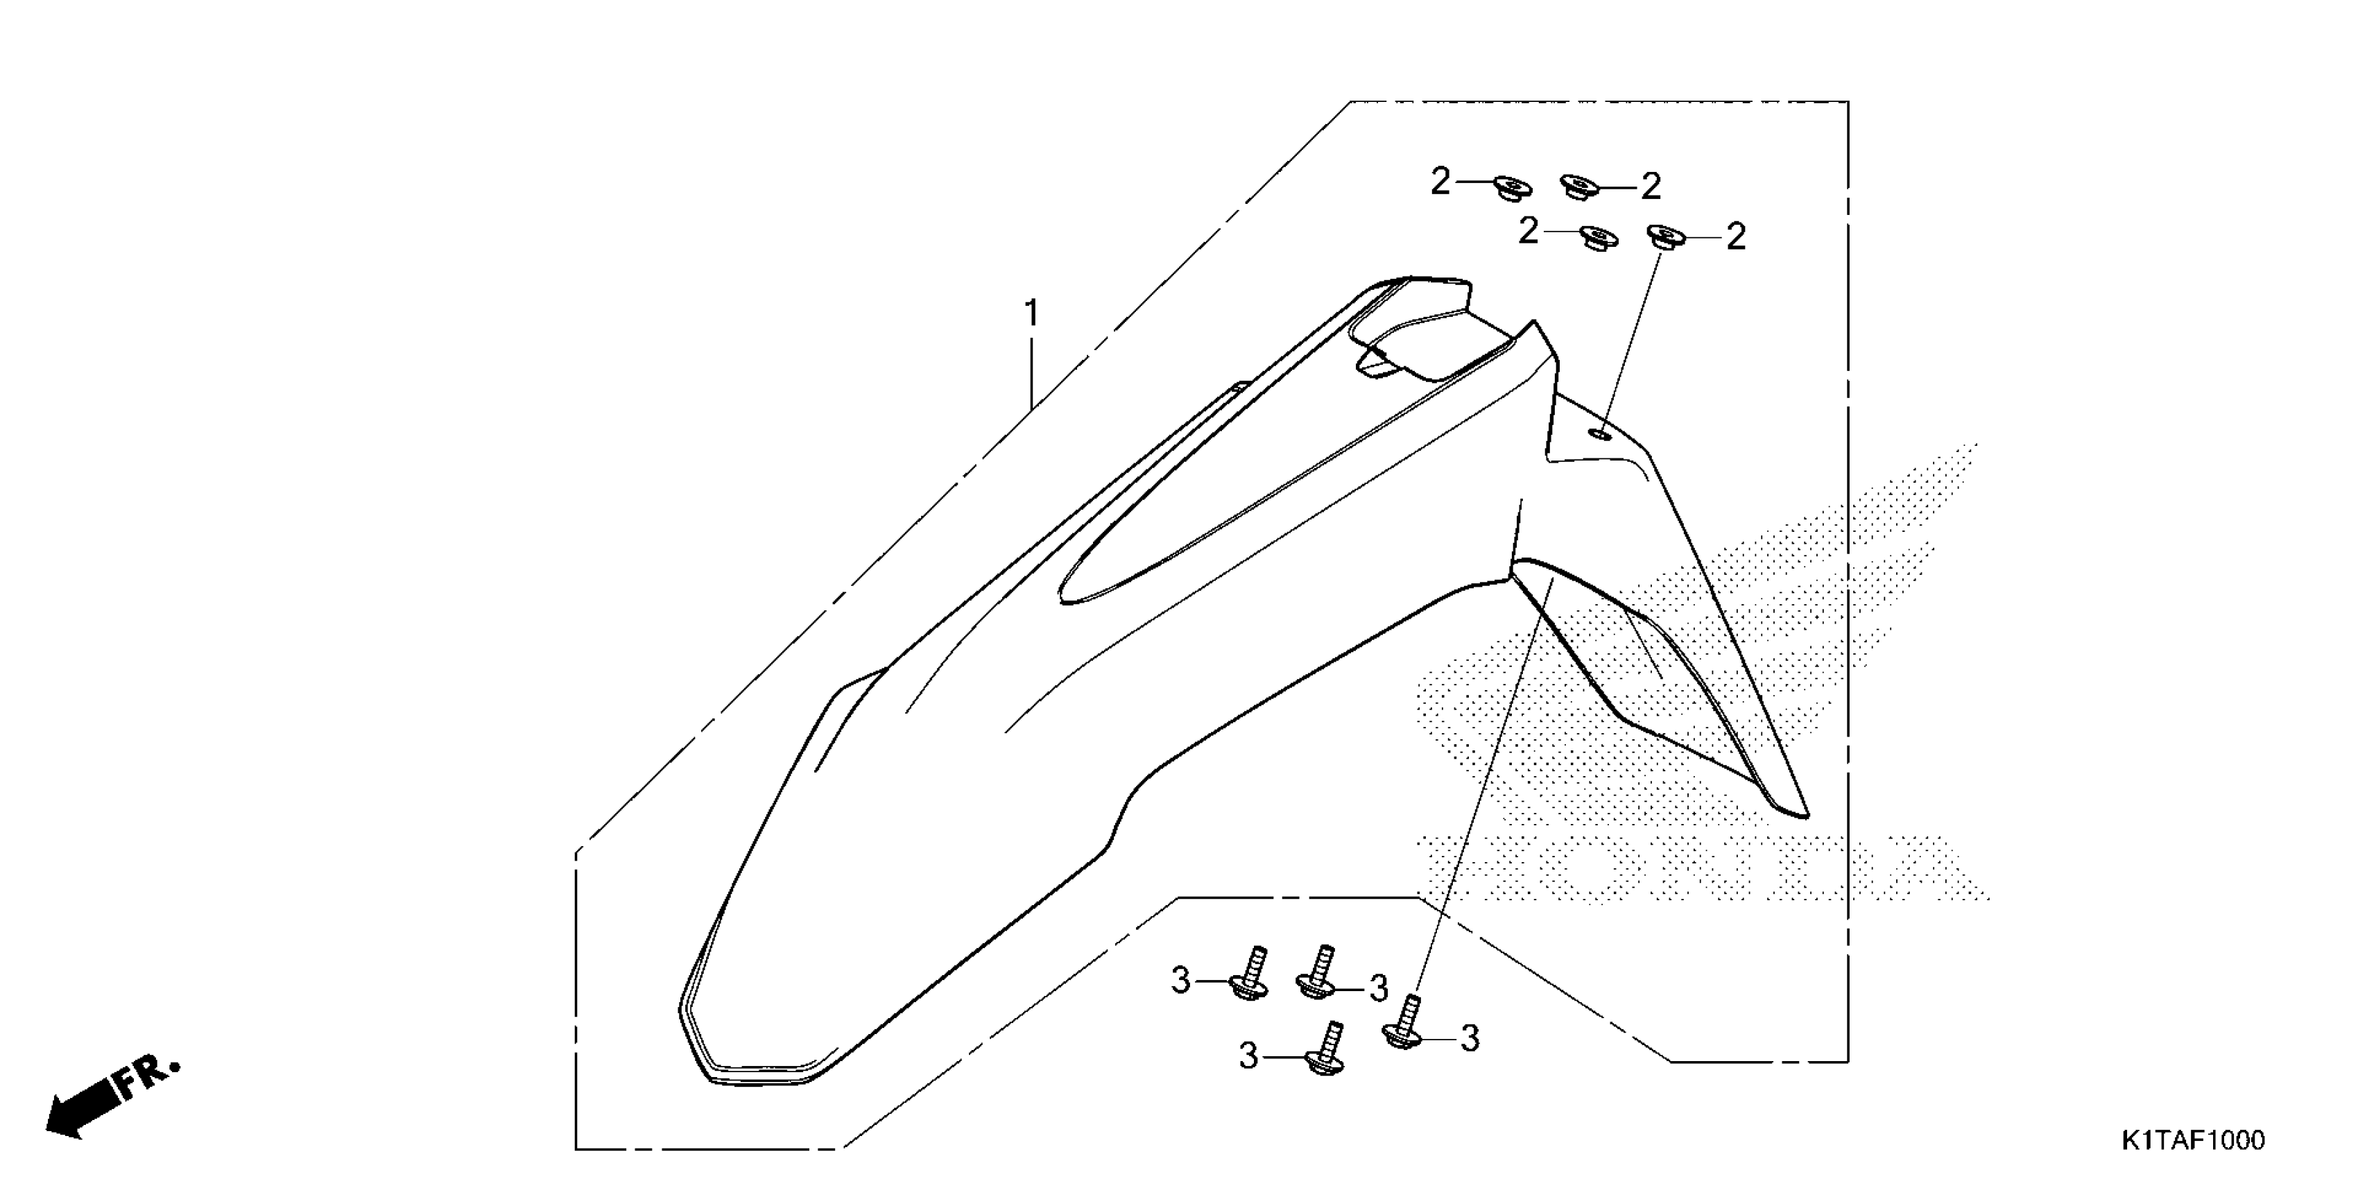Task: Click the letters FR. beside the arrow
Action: (x=148, y=1076)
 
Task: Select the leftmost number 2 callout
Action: (x=1440, y=182)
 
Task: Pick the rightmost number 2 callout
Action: (x=1735, y=237)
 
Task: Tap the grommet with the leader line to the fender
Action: (x=1665, y=236)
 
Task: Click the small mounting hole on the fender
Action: (x=1601, y=432)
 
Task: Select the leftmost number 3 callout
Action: (x=1181, y=981)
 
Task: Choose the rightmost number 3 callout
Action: (x=1469, y=1038)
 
